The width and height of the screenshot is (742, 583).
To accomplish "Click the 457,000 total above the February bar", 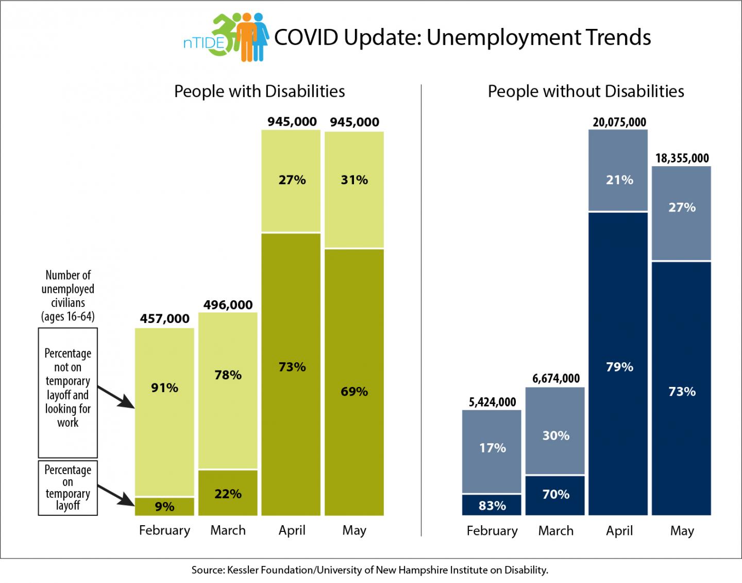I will [x=164, y=319].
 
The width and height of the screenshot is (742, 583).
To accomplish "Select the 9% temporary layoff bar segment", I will [x=164, y=506].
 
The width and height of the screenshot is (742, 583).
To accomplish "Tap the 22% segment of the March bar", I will [x=228, y=493].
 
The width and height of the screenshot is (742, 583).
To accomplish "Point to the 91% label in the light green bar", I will [x=164, y=387].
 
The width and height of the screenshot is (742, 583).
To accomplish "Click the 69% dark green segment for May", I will [x=354, y=382].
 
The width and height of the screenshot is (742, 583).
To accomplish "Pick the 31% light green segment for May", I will [x=354, y=189].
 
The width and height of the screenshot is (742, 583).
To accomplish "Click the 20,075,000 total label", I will [x=619, y=122].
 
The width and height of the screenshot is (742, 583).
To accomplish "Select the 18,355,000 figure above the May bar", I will [x=682, y=158].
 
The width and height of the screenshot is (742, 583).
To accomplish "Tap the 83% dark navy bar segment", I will [x=492, y=505].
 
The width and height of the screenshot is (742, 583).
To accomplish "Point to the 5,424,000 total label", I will [x=492, y=402].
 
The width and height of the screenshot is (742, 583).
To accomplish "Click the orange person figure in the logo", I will [x=247, y=36].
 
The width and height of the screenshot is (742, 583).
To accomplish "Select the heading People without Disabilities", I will [x=585, y=91].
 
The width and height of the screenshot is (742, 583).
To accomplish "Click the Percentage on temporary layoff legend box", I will [x=68, y=488].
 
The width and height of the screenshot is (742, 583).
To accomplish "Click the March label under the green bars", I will [x=228, y=530].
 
